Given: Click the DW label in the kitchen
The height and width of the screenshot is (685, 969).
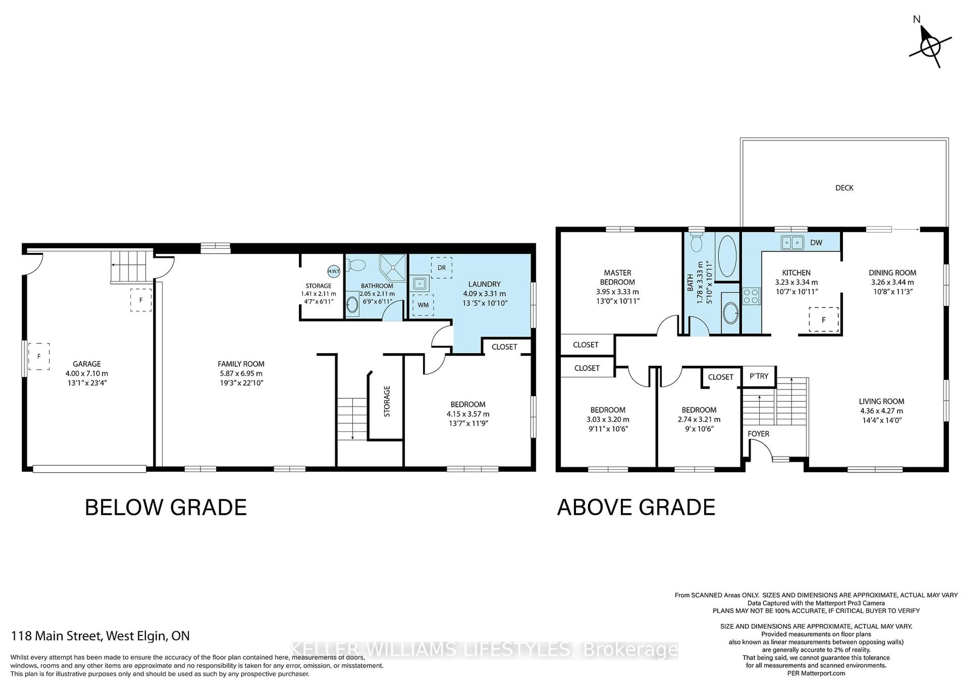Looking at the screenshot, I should pyautogui.click(x=816, y=243).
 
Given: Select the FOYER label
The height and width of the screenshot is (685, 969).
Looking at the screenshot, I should pyautogui.click(x=758, y=434).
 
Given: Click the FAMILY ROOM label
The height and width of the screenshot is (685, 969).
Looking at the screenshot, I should pyautogui.click(x=241, y=364).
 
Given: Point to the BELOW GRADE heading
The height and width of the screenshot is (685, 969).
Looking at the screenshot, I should pyautogui.click(x=166, y=507).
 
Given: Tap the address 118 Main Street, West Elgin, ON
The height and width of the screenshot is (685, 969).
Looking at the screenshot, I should pyautogui.click(x=100, y=636).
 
